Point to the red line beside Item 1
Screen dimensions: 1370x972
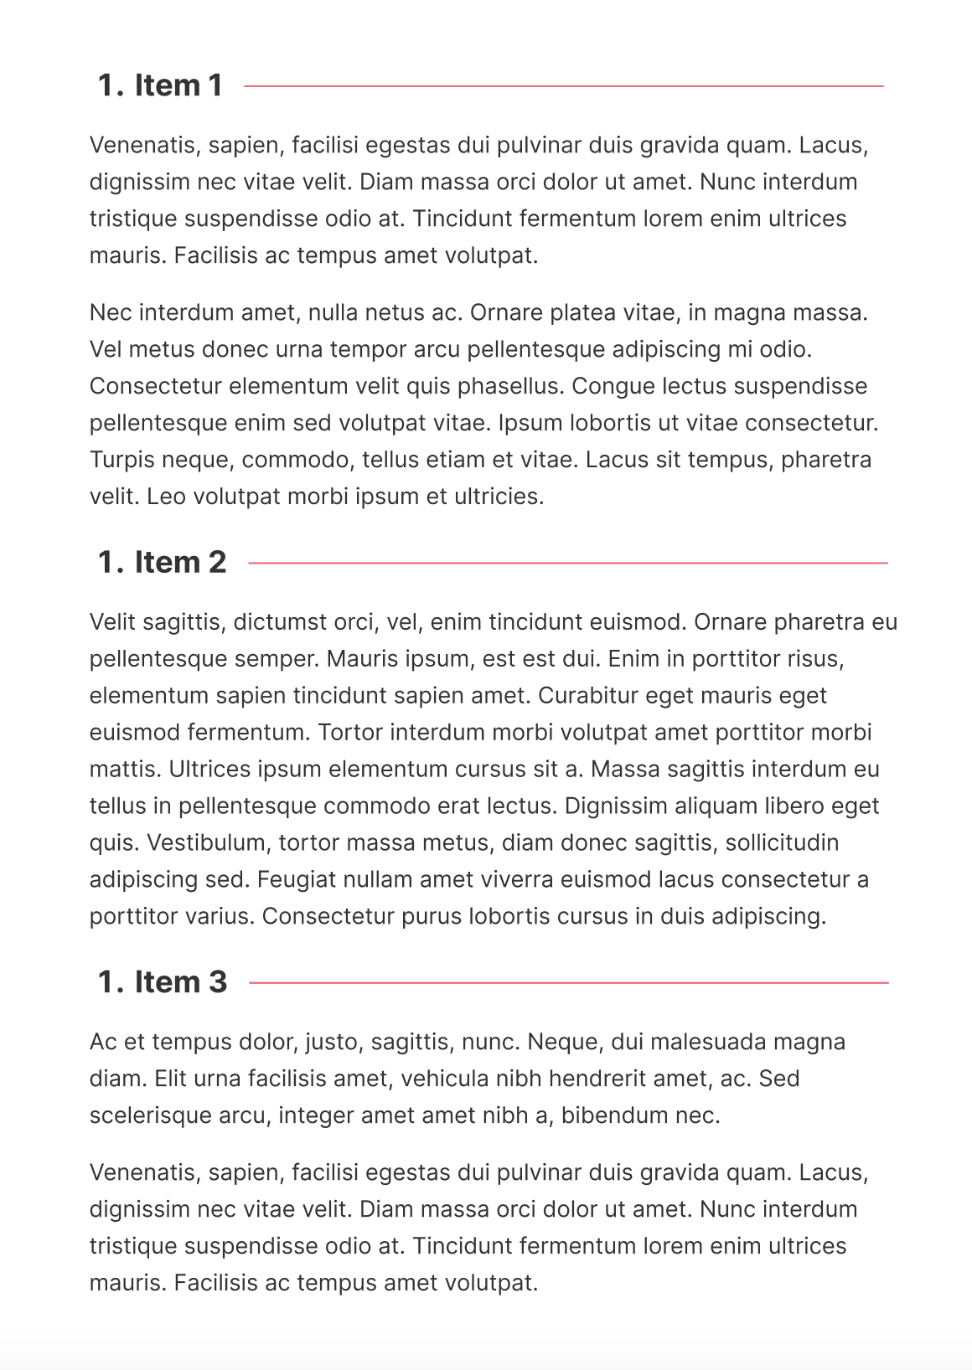click(x=563, y=85)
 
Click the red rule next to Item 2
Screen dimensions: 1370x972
click(x=568, y=563)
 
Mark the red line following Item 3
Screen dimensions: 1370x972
click(x=568, y=982)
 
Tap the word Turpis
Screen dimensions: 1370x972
click(x=121, y=460)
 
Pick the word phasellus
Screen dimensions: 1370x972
click(x=506, y=386)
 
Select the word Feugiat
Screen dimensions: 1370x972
click(x=293, y=879)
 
